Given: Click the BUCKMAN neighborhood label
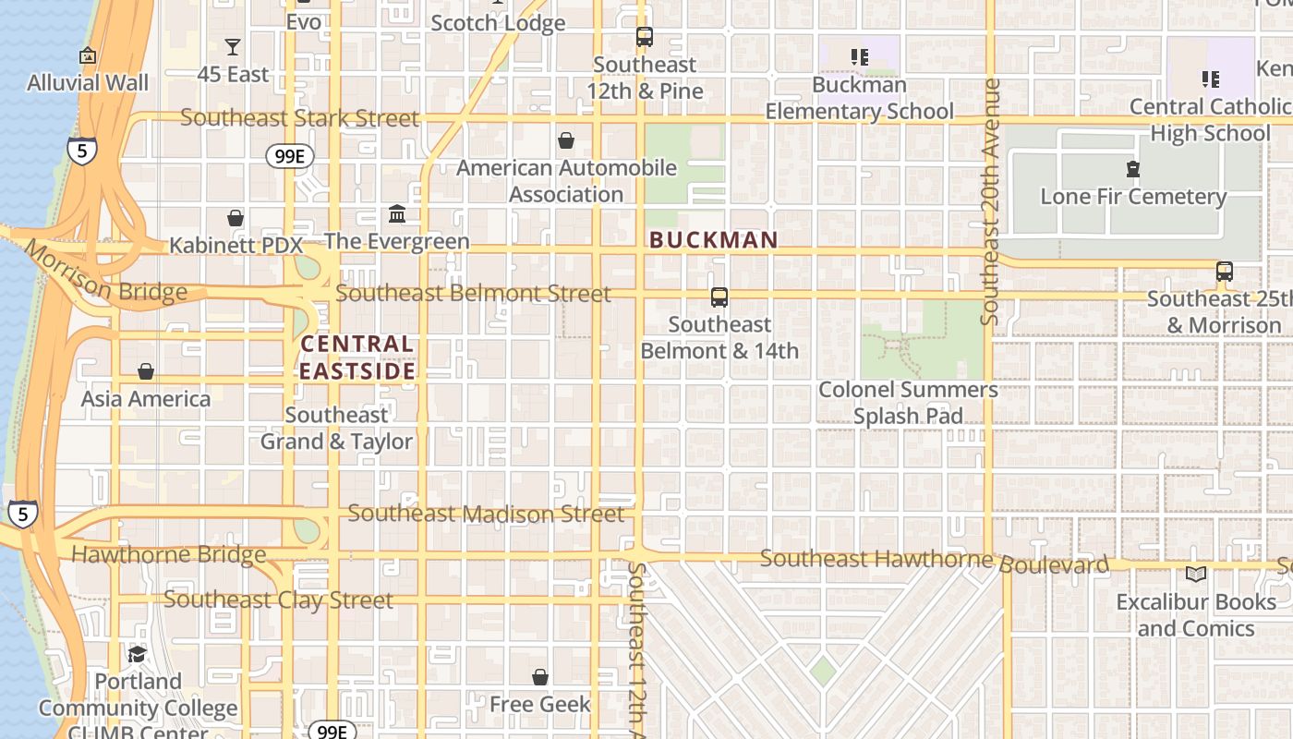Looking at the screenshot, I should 714,240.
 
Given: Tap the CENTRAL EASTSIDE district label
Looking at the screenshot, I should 357,357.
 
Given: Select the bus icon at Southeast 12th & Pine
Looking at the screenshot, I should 645,37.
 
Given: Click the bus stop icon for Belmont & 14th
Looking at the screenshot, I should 719,297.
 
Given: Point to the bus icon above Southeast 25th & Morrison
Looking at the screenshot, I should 1225,272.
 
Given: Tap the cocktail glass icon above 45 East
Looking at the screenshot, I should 233,47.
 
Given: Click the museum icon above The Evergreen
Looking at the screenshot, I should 397,214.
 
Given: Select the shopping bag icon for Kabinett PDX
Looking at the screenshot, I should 236,218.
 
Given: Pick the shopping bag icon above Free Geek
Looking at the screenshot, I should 540,677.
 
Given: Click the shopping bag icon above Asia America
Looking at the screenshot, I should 145,371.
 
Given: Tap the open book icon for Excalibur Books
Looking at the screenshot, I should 1196,575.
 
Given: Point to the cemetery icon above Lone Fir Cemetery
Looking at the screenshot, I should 1133,169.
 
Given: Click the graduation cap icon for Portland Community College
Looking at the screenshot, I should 138,654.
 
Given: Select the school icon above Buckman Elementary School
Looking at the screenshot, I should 860,57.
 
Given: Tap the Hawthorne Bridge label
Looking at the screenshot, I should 168,555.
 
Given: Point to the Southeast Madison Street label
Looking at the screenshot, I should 486,514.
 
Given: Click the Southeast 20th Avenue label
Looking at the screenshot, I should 991,201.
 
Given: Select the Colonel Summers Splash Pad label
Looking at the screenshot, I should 908,403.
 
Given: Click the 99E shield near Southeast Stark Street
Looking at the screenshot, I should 289,156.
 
